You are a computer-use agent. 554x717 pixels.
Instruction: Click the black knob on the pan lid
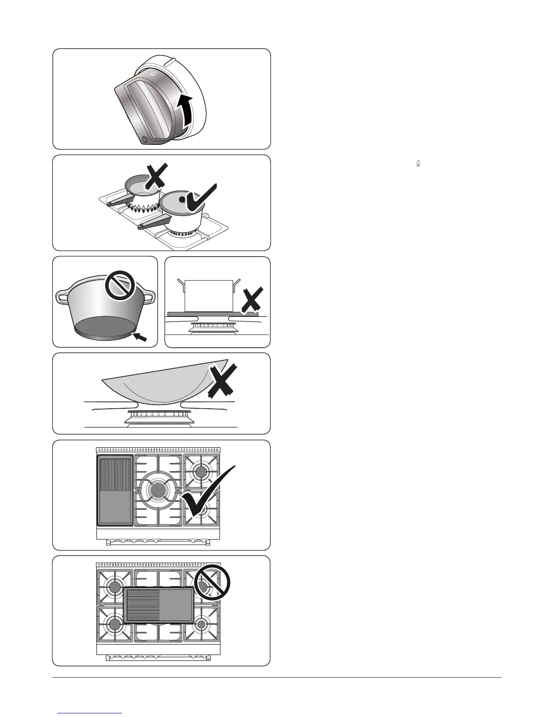[181, 199]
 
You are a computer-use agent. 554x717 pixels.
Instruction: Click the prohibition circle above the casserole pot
[121, 288]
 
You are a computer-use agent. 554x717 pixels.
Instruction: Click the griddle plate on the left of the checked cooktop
[115, 491]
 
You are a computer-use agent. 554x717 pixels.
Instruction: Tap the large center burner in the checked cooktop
[158, 490]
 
